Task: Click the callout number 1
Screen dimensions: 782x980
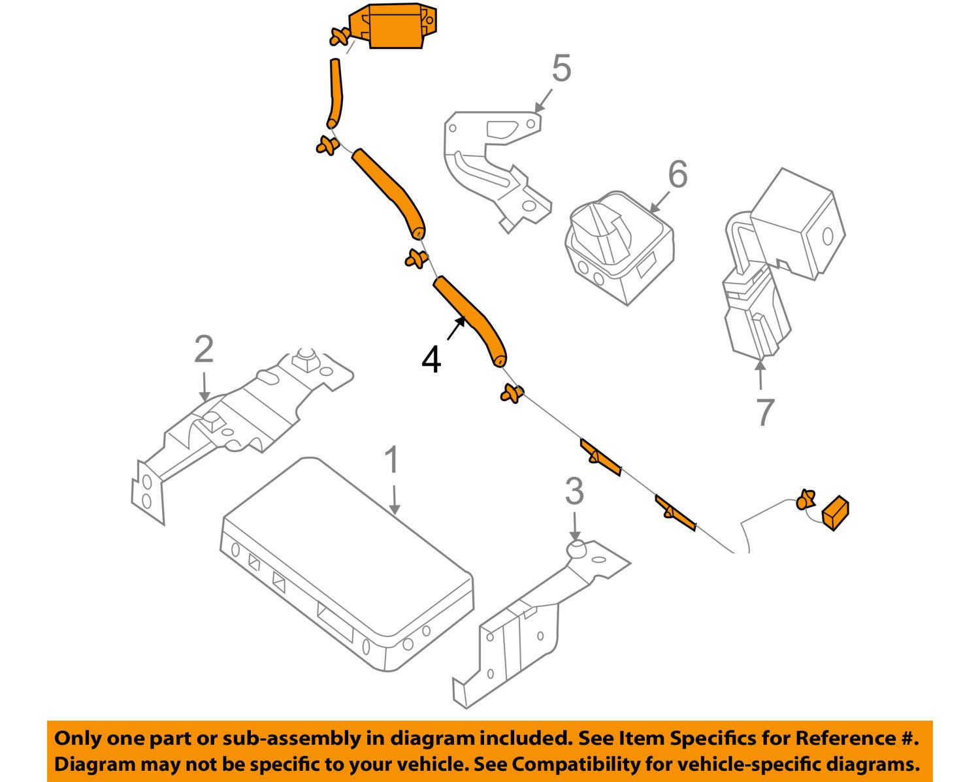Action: tap(391, 461)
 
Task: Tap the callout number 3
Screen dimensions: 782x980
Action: tap(574, 491)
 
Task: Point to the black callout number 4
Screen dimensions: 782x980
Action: tap(431, 360)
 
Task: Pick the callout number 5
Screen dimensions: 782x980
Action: tap(561, 69)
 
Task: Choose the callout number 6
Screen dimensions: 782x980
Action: tap(678, 174)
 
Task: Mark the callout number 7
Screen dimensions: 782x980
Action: tap(764, 412)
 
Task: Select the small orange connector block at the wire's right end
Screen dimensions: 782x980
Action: tap(835, 512)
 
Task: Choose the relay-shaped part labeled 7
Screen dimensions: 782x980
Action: tap(777, 261)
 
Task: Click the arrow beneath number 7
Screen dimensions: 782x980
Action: tap(760, 376)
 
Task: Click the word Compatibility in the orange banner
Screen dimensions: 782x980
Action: tap(566, 764)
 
